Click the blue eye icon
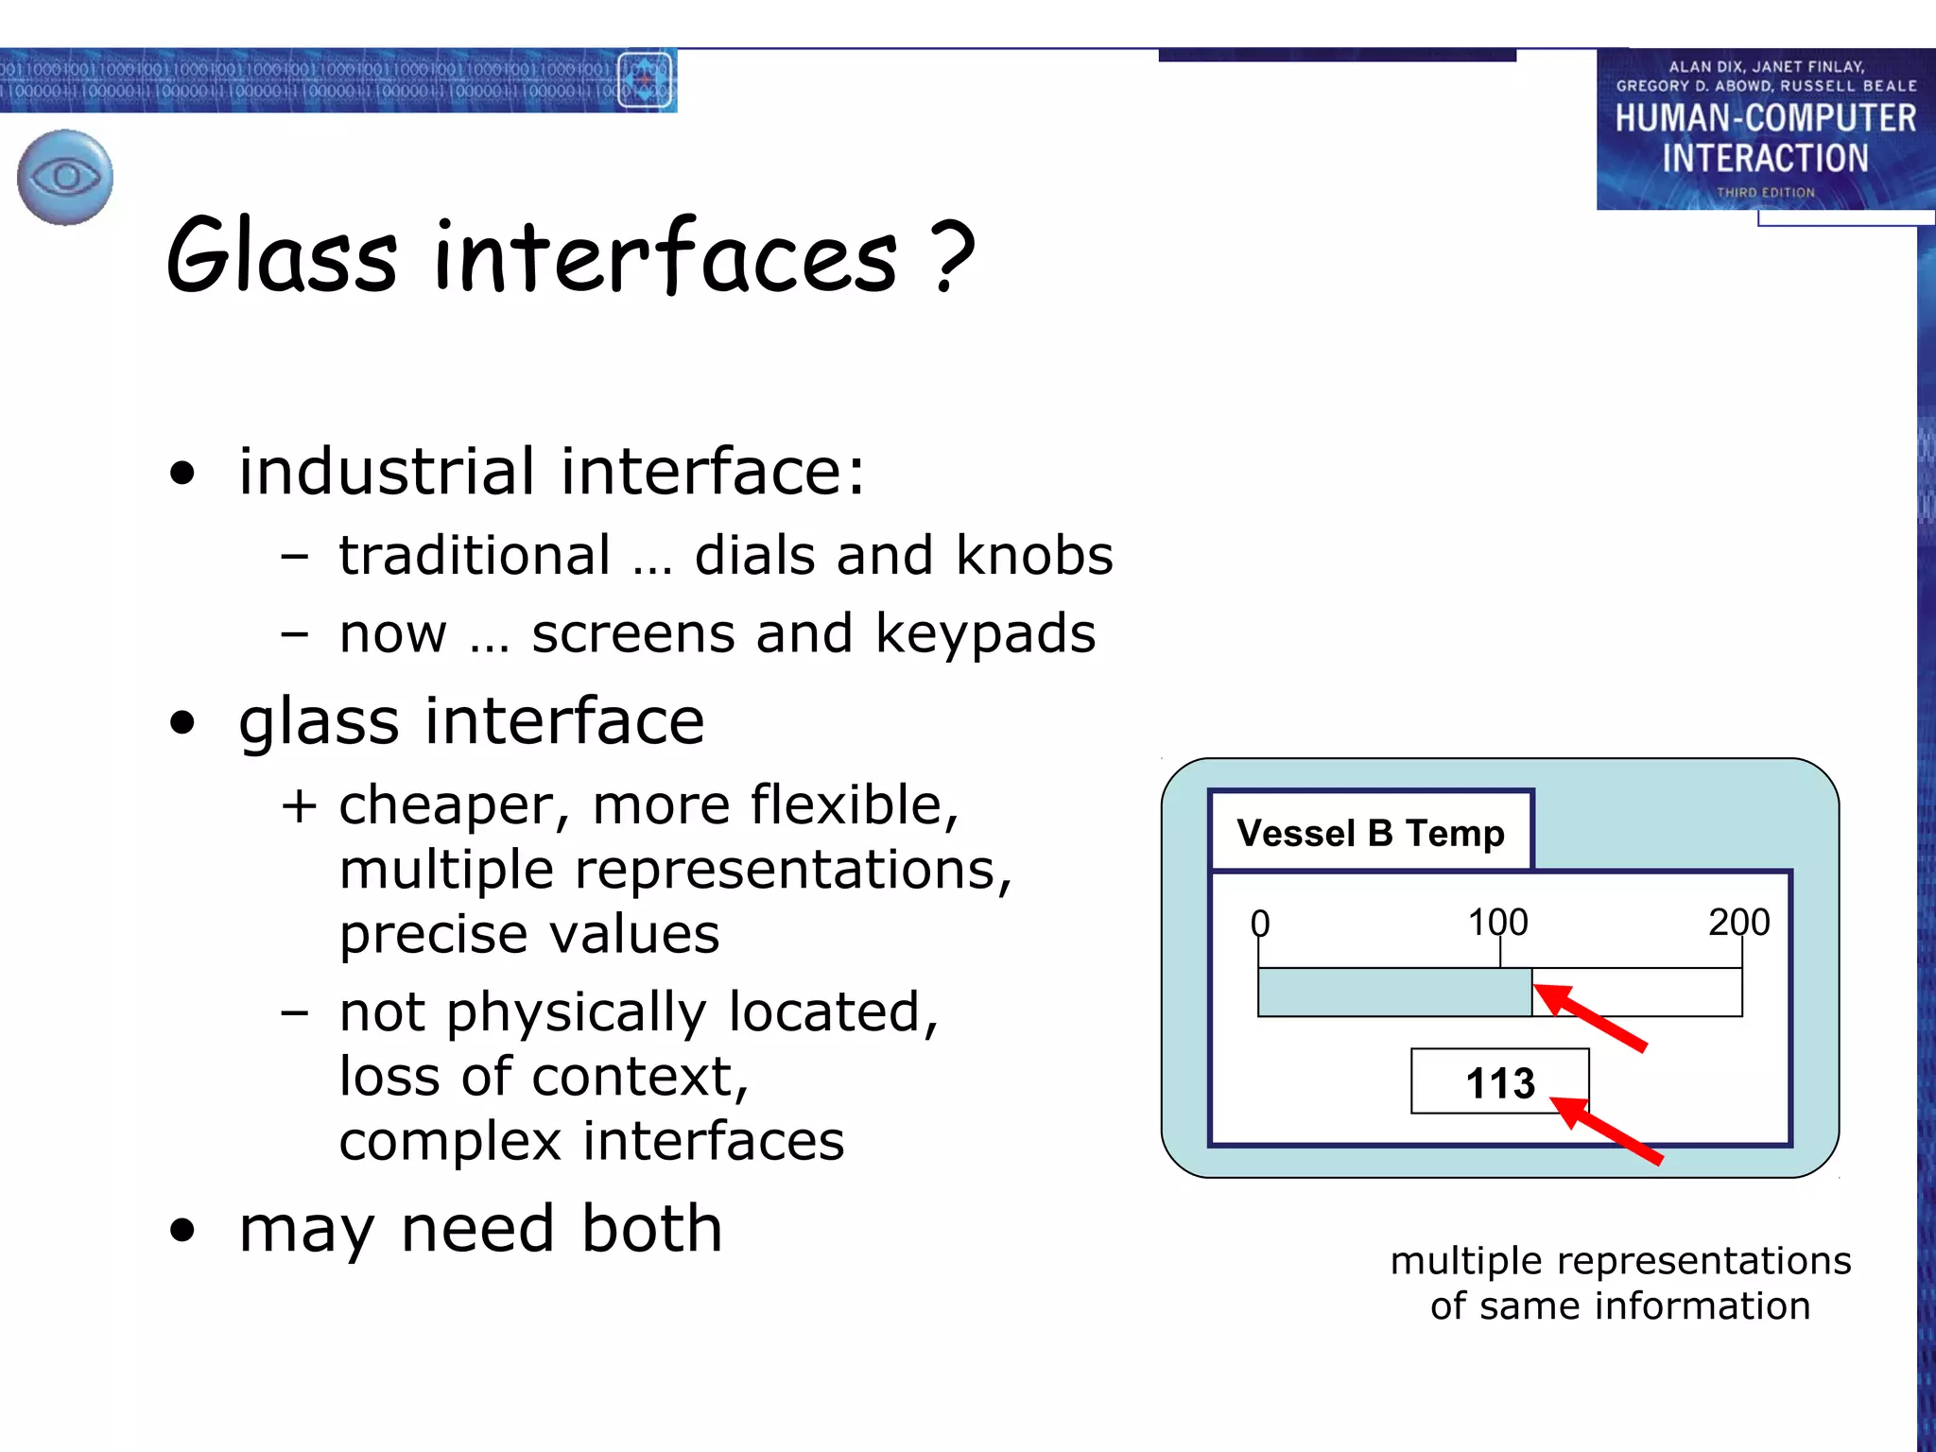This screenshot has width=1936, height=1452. click(65, 177)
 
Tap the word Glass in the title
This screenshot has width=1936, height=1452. click(281, 255)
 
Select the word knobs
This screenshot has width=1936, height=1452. click(1034, 555)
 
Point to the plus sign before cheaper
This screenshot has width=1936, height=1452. click(298, 806)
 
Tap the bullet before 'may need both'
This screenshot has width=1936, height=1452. click(182, 1230)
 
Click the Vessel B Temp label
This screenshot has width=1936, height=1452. click(1370, 833)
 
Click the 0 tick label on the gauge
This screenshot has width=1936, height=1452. click(1259, 923)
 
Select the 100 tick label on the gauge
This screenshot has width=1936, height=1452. click(1497, 922)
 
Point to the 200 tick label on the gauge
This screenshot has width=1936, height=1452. click(1738, 922)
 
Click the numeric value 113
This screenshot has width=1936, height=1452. click(1499, 1082)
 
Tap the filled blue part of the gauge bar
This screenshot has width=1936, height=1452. click(1393, 993)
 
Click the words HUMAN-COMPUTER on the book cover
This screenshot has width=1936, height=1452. click(1765, 118)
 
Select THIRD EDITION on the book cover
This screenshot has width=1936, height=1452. click(1765, 192)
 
